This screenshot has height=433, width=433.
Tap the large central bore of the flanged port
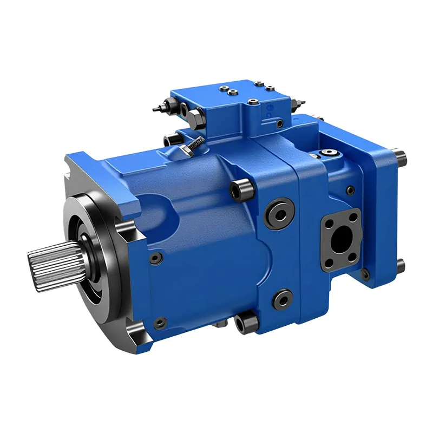coord(340,239)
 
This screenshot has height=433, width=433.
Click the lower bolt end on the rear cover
coord(400,266)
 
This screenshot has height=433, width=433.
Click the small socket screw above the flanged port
coord(351,189)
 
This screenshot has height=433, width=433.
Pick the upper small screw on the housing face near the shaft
coord(156,259)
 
